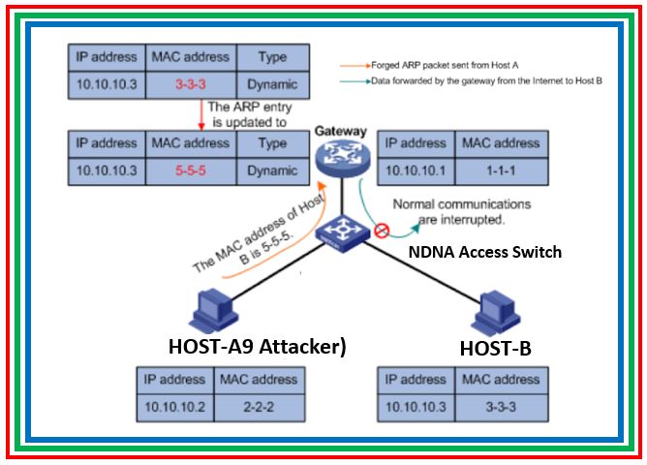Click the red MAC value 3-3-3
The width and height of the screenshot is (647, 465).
point(189,84)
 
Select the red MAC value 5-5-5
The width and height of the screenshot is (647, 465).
point(189,170)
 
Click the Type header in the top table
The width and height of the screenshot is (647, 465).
point(273,56)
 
